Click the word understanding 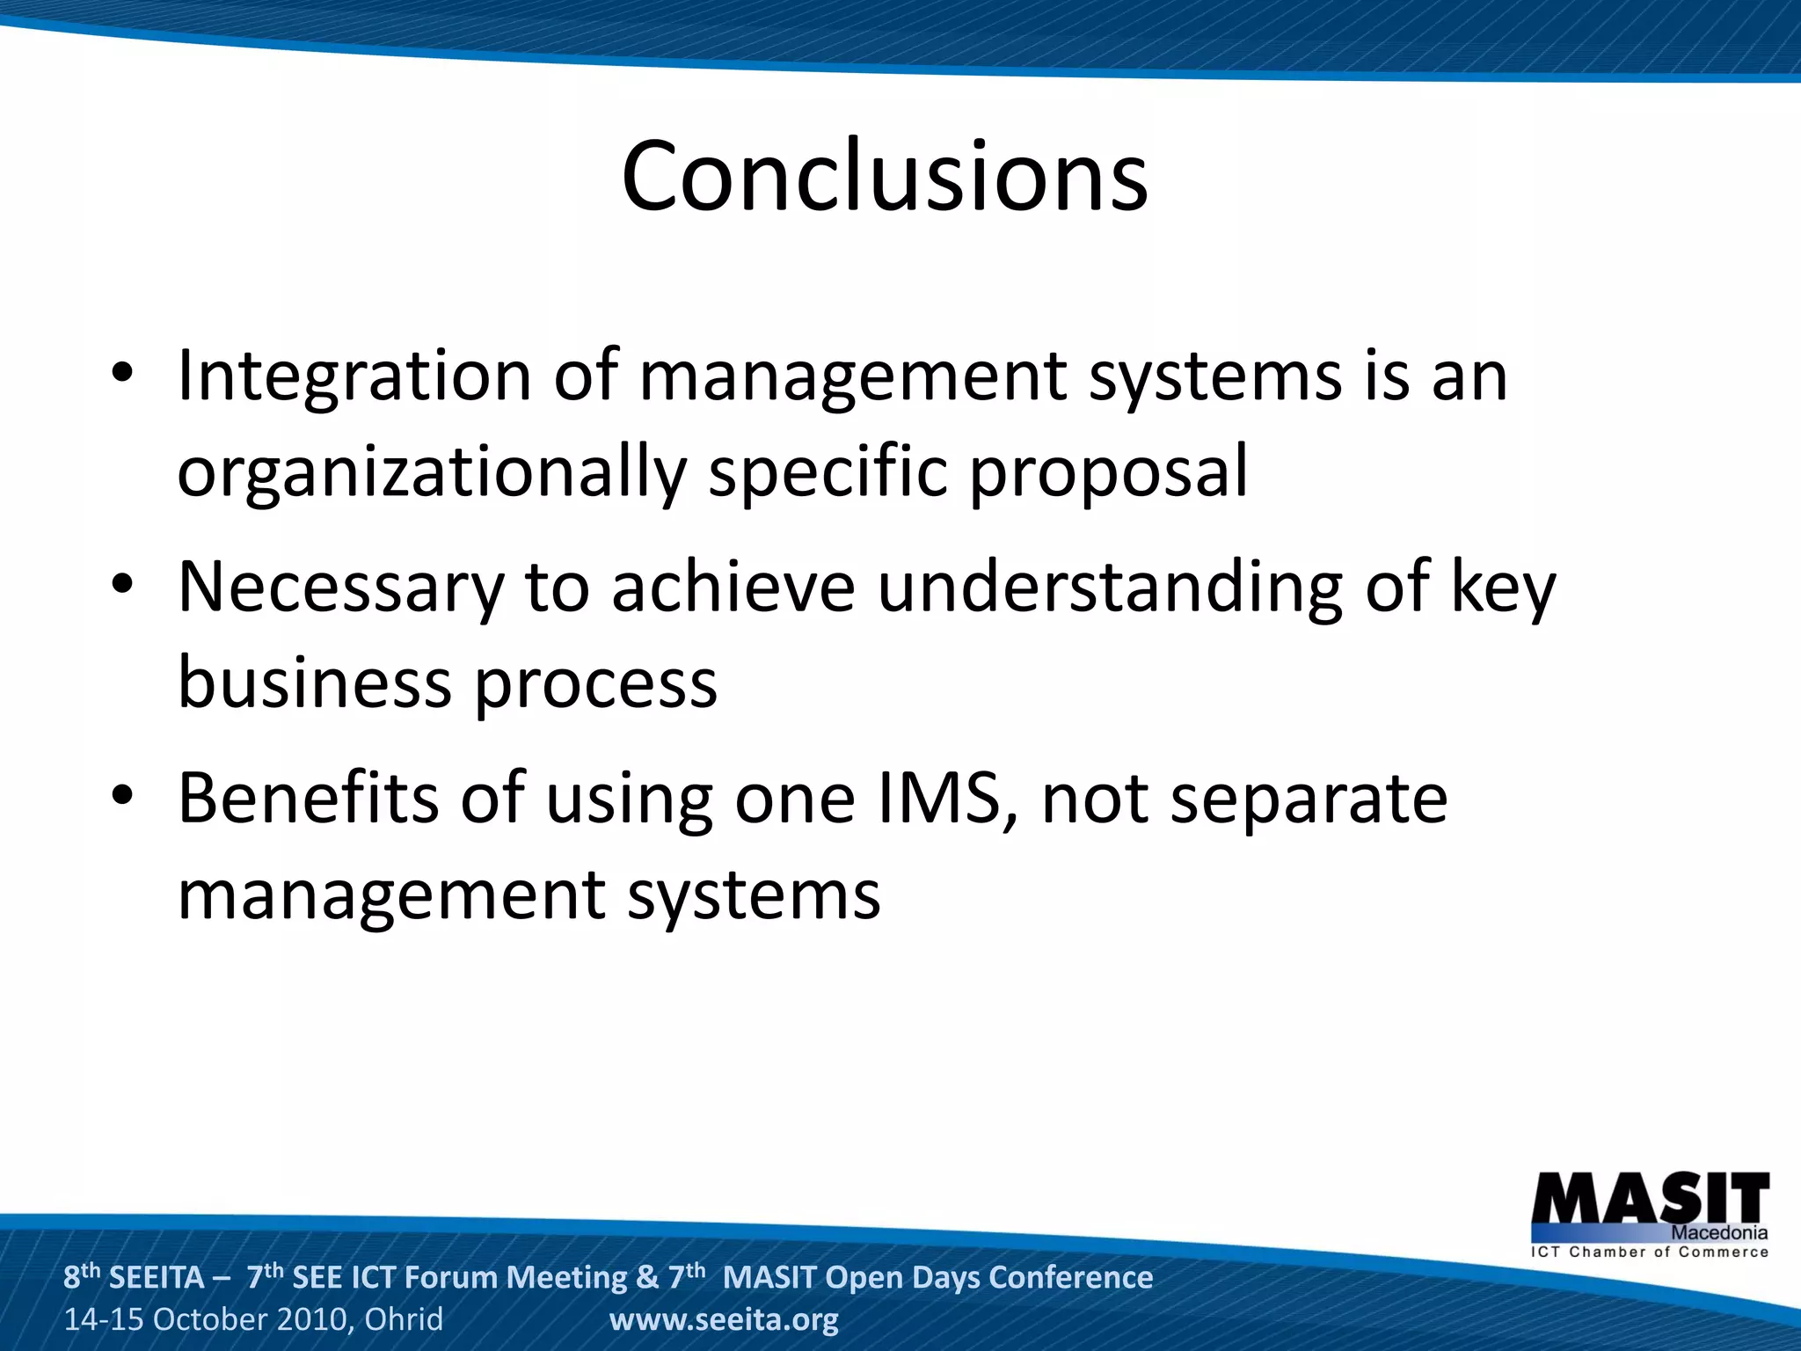pyautogui.click(x=1110, y=587)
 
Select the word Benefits pyautogui.click(x=308, y=798)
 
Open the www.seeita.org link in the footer pyautogui.click(x=724, y=1319)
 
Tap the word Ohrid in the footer pyautogui.click(x=404, y=1319)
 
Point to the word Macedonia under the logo pyautogui.click(x=1718, y=1233)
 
